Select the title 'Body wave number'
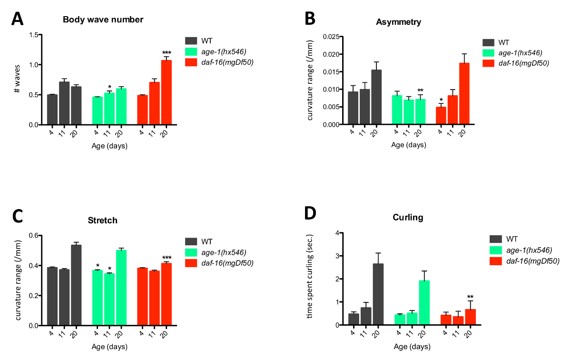pos(103,20)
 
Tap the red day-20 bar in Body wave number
pos(166,92)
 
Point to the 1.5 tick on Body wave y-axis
pos(33,35)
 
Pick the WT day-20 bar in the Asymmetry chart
pos(376,97)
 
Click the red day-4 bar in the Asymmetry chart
pos(441,116)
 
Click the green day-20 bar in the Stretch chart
pos(121,288)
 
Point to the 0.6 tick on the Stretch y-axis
pos(33,236)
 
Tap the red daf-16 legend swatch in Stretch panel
pos(192,263)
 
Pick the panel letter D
pos(310,214)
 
